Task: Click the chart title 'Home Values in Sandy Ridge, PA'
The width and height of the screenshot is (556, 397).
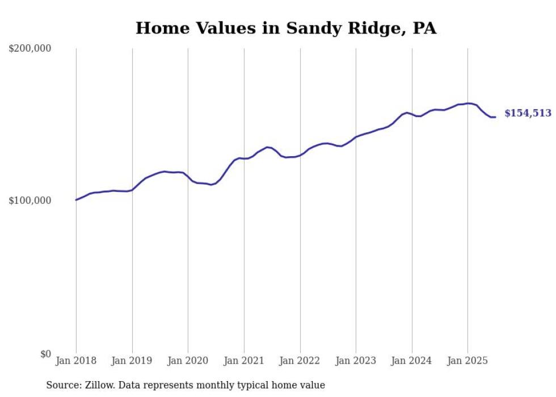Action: [x=286, y=28]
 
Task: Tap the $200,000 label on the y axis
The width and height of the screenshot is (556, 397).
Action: [x=30, y=49]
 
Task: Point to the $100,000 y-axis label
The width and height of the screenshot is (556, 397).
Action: [x=30, y=200]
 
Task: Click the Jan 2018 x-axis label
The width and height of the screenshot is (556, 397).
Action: [x=76, y=361]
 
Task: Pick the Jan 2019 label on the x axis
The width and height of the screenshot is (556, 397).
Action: [x=132, y=361]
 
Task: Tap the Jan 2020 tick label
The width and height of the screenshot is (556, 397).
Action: [x=188, y=361]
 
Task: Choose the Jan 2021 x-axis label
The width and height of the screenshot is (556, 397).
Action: [x=244, y=361]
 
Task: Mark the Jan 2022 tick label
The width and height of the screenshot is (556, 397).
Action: [x=300, y=361]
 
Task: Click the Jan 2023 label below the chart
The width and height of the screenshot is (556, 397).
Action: [x=356, y=361]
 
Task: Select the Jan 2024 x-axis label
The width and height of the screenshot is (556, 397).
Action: [x=412, y=361]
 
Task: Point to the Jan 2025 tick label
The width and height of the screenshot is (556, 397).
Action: [x=467, y=361]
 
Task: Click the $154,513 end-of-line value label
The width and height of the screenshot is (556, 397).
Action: [x=528, y=114]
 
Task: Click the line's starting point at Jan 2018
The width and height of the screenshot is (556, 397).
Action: [x=76, y=200]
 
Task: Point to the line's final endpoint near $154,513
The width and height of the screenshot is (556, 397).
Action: [x=495, y=117]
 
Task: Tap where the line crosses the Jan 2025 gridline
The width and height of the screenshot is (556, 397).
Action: [x=467, y=103]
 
